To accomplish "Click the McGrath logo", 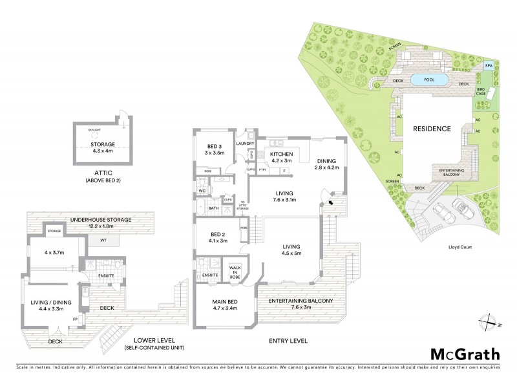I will [464, 354].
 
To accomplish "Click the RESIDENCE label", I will [432, 129].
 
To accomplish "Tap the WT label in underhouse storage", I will [103, 241].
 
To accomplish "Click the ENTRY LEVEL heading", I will [289, 341].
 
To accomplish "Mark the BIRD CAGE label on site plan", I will [481, 92].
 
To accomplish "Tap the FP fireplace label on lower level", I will [76, 319].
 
